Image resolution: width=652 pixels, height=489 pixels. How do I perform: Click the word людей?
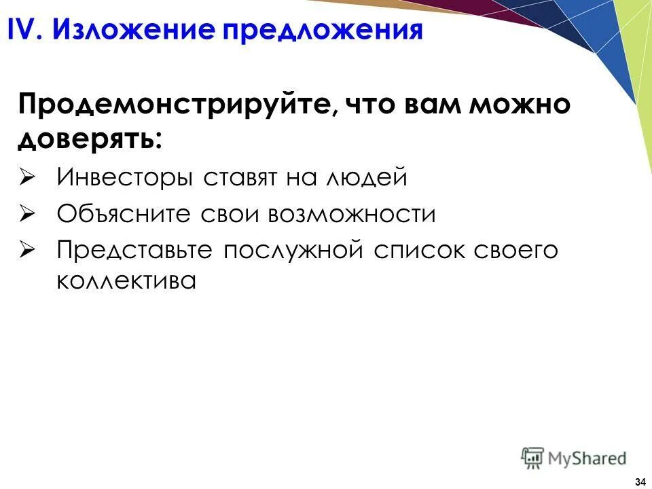367,178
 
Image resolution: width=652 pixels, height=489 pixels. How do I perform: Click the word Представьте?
135,250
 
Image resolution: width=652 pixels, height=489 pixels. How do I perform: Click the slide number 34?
639,482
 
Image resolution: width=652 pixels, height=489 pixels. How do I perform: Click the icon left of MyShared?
532,458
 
